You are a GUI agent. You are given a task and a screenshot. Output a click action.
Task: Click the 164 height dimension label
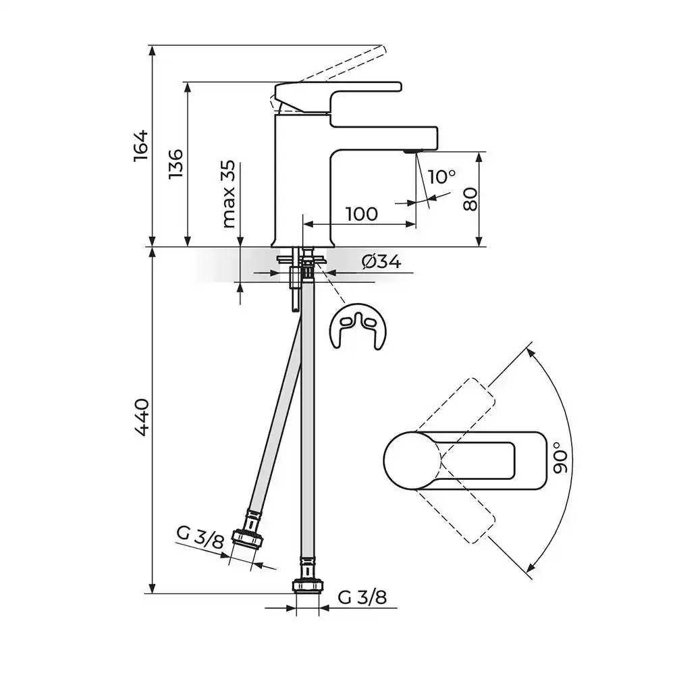point(140,146)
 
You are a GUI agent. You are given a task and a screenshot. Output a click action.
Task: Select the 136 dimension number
point(176,164)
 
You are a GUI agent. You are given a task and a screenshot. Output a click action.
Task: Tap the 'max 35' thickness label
point(229,194)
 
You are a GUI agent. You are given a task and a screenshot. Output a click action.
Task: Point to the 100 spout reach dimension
point(362,214)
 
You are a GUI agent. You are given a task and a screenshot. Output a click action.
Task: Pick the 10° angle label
point(441,176)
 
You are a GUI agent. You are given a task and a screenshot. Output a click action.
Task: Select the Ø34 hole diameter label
point(381,262)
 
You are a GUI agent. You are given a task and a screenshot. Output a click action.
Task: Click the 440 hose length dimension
point(141,418)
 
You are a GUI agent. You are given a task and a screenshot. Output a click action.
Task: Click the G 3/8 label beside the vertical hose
point(362,597)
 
